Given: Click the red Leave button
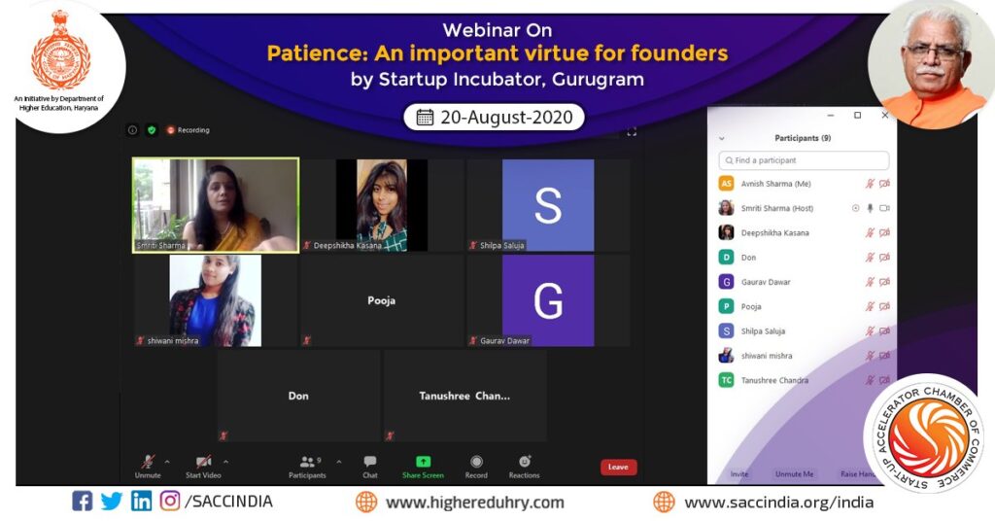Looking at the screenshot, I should [x=618, y=467].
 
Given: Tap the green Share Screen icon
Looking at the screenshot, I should [x=423, y=462].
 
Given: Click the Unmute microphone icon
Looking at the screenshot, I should [x=148, y=462].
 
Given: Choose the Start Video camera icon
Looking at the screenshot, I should [x=204, y=462].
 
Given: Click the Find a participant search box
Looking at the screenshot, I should [x=804, y=160].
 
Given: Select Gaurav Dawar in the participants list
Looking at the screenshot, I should [x=766, y=282].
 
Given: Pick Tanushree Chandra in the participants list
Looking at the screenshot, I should [x=774, y=380].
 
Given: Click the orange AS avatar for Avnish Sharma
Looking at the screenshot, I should [x=726, y=184].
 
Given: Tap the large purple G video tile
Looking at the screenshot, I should [x=548, y=300].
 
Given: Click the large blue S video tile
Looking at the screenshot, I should [x=548, y=205].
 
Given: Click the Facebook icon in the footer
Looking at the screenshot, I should [x=83, y=502].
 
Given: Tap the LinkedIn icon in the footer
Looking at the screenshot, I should [x=141, y=502].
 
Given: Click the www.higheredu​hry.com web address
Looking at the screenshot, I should [x=474, y=503].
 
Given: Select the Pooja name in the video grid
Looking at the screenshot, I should [x=381, y=300].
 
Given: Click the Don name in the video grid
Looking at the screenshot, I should [x=298, y=396].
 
